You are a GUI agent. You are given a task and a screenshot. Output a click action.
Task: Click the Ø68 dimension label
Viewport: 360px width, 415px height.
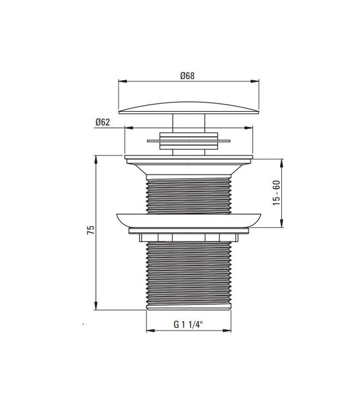coord(187,76)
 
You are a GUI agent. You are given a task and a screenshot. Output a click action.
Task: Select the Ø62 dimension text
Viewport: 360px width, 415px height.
coord(102,122)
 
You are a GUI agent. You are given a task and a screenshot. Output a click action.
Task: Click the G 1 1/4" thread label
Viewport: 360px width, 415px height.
coord(188,325)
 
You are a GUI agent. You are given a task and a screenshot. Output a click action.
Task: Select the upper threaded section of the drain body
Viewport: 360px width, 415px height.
coord(188,194)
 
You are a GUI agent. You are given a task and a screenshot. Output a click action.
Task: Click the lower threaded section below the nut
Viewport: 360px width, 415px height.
coord(188,274)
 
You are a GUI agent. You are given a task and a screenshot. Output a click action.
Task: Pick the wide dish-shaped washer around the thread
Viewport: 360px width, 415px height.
coord(188,219)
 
